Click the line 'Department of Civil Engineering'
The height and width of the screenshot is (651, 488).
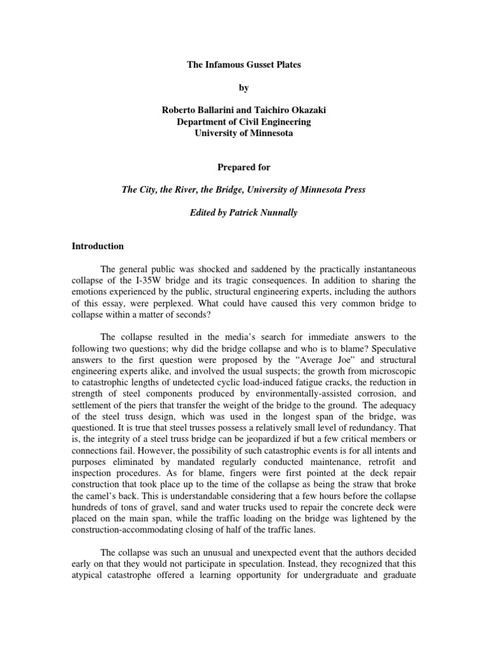pos(243,121)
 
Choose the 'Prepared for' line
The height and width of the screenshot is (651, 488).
pos(243,167)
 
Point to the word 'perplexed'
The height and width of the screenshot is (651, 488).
pos(196,303)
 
